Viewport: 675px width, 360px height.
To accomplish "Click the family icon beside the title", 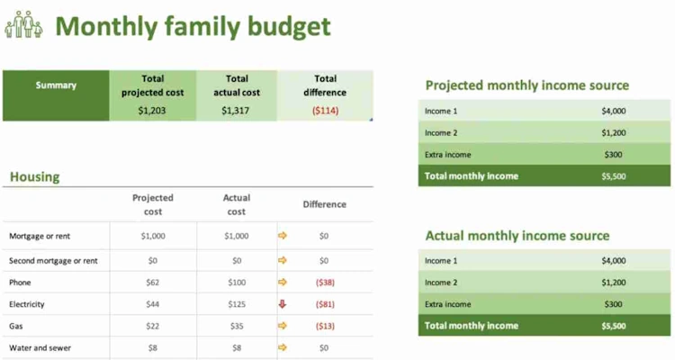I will point(23,24).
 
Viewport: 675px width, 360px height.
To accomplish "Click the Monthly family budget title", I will point(193,26).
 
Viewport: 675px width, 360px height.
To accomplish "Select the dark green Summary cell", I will point(56,85).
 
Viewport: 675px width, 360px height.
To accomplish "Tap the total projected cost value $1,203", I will point(152,111).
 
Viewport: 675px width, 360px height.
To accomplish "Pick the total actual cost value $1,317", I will point(237,111).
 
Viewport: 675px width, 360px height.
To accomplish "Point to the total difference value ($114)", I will point(325,111).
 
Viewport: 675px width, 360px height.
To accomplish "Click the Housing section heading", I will point(35,176).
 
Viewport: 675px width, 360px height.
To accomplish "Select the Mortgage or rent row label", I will point(40,236).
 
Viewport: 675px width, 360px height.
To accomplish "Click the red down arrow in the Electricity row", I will point(283,304).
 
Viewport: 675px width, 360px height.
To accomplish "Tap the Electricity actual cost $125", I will point(237,304).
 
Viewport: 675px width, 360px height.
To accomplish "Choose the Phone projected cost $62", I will point(152,283).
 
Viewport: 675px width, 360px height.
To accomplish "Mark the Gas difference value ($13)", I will point(324,326).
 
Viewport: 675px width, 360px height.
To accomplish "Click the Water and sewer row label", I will point(40,347).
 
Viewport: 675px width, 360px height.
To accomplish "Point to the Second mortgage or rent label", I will point(53,261).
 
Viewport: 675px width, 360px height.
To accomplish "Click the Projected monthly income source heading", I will point(526,85).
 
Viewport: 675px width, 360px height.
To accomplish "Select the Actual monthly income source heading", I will point(517,236).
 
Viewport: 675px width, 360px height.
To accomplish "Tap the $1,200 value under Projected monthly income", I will point(614,132).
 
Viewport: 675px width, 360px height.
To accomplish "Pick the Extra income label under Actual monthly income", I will point(447,304).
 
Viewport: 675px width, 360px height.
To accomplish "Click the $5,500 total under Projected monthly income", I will point(614,175).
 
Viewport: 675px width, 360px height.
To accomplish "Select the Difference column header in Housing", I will point(324,204).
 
